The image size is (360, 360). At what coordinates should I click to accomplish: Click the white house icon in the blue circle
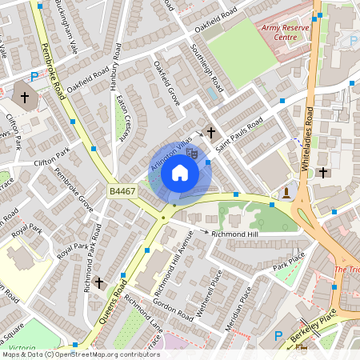180,173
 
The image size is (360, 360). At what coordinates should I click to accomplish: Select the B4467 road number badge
122,191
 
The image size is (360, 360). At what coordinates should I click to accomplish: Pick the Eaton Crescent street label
123,118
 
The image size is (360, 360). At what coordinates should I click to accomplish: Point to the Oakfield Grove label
167,85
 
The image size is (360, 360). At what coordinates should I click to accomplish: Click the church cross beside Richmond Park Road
99,282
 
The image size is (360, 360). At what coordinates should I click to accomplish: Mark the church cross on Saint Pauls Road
211,132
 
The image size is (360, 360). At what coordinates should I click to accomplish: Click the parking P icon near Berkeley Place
279,336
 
